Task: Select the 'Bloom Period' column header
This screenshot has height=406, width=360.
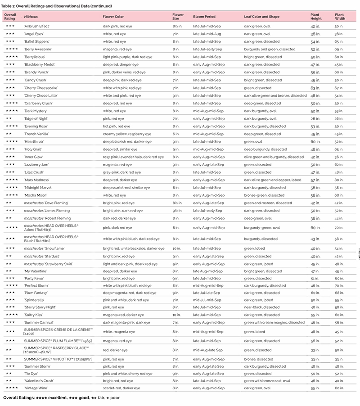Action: click(x=204, y=16)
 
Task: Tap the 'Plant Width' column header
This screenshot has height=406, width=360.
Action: click(x=340, y=16)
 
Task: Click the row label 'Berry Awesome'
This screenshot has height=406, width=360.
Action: click(x=38, y=49)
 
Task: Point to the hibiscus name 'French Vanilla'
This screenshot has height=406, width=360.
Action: click(x=37, y=134)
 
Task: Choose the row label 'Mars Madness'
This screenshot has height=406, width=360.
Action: click(x=37, y=180)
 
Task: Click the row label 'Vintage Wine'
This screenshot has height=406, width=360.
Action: click(x=36, y=388)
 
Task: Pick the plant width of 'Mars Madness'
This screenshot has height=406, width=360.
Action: click(x=338, y=180)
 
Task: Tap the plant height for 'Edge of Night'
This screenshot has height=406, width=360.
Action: click(x=315, y=118)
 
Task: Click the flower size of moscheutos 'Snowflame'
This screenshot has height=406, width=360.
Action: click(x=177, y=248)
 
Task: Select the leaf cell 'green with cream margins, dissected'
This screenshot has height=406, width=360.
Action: click(x=274, y=323)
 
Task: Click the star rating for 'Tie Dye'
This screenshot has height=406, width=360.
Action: click(x=9, y=374)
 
